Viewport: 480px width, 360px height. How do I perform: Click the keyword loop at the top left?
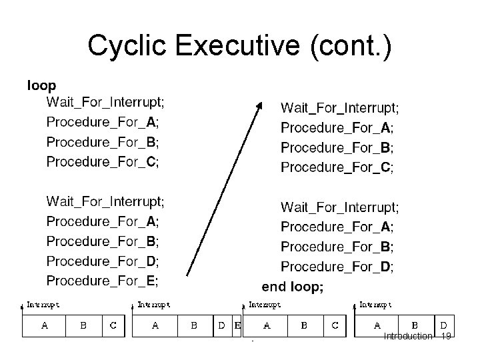point(41,85)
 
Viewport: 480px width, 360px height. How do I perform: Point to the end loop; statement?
point(293,287)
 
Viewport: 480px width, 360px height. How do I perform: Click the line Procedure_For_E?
point(102,280)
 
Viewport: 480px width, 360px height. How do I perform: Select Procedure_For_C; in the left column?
point(102,161)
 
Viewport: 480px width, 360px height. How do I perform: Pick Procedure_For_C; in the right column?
point(337,167)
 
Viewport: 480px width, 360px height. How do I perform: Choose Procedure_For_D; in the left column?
point(102,261)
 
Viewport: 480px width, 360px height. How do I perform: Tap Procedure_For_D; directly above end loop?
point(337,267)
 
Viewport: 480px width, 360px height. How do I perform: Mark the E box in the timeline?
point(237,326)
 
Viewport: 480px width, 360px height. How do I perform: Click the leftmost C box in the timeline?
point(113,326)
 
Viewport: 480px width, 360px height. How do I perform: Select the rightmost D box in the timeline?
point(444,325)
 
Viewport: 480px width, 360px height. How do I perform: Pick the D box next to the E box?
point(222,326)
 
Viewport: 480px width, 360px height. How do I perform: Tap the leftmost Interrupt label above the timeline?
point(43,304)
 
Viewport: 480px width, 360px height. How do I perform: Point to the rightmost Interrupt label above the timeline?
point(375,304)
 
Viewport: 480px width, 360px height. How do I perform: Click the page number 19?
point(447,337)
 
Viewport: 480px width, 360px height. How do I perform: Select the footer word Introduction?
point(408,337)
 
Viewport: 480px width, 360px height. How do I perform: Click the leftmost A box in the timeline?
point(45,326)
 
